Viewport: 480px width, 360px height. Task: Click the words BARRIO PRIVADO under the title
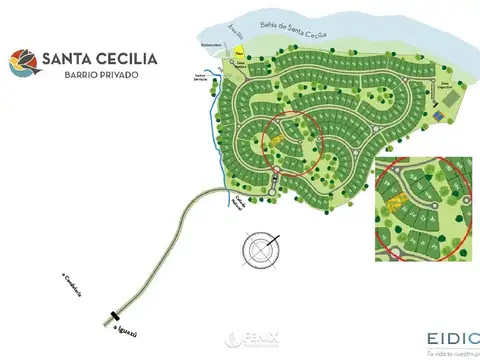coord(97,75)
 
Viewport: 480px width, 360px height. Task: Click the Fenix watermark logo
coord(240,339)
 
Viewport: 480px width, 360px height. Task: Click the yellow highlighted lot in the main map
coord(276,141)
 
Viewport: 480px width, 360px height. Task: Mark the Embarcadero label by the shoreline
coord(209,45)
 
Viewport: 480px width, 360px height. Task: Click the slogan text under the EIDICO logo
coord(452,352)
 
